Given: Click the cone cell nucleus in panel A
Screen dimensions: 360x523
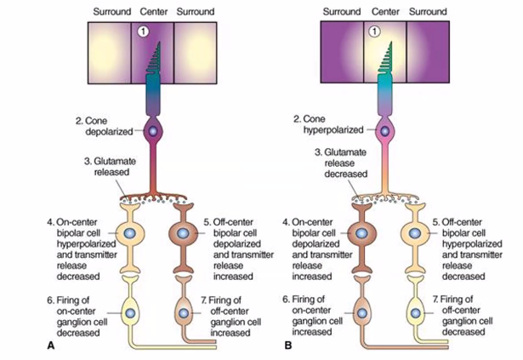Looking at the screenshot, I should [154, 131].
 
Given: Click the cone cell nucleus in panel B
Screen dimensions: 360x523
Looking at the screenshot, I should [384, 132].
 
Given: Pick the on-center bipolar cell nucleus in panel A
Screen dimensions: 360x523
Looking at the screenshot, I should [130, 233].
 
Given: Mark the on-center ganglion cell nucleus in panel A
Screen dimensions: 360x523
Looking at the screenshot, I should [130, 312].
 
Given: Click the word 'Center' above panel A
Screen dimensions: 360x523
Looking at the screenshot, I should [148, 11].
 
